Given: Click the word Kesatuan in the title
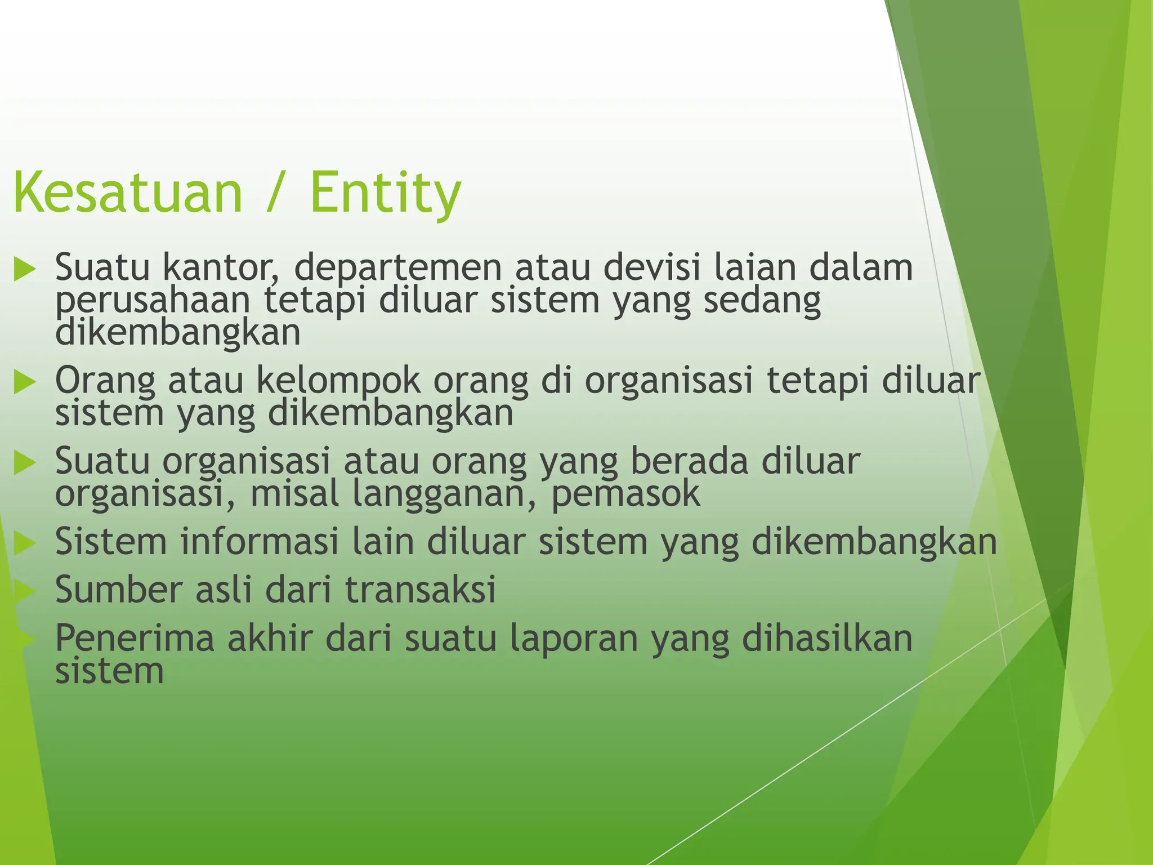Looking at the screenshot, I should point(127,193).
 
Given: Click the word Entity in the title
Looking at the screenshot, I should point(385,193).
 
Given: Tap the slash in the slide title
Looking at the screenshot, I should point(275,193).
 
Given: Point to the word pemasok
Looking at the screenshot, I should point(625,493).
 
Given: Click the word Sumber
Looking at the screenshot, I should point(119,590).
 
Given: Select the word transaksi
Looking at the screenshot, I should point(420,590).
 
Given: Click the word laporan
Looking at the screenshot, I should point(573,638).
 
